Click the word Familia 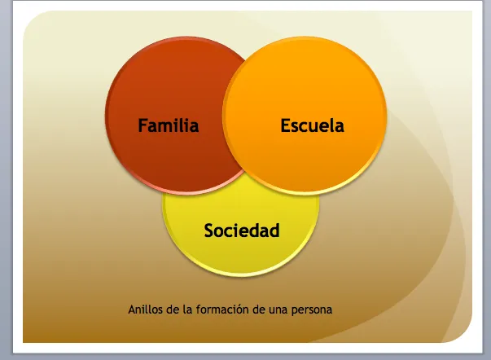pyautogui.click(x=169, y=125)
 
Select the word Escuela pyautogui.click(x=312, y=125)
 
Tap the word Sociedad pyautogui.click(x=242, y=230)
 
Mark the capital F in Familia pyautogui.click(x=142, y=125)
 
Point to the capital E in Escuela pyautogui.click(x=285, y=125)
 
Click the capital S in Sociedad pyautogui.click(x=209, y=230)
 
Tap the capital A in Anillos pyautogui.click(x=132, y=310)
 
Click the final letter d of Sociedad pyautogui.click(x=274, y=230)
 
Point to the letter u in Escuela pyautogui.click(x=318, y=126)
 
